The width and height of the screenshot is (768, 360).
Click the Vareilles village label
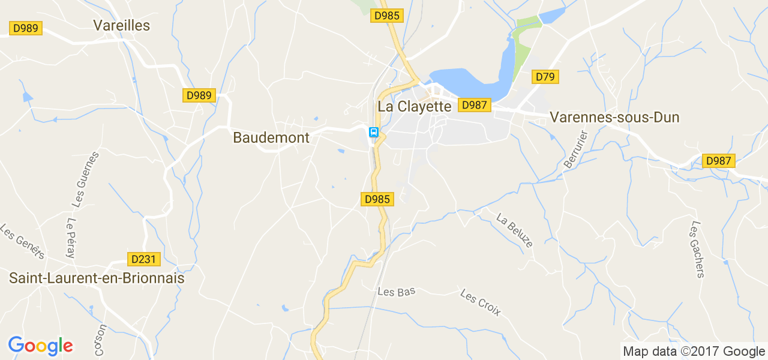coord(121,25)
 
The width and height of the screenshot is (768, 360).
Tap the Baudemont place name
coord(271,137)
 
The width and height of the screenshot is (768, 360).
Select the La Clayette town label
coord(414,107)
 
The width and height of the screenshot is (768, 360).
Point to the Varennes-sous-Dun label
coord(615,118)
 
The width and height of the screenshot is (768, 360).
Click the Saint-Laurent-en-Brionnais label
coord(97,278)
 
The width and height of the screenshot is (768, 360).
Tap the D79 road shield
coord(545,77)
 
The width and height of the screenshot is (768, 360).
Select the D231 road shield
coord(144,259)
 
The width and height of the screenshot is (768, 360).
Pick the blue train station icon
coord(373,132)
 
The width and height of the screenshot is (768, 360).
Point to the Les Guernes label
coord(85,179)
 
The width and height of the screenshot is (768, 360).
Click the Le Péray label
coord(71,238)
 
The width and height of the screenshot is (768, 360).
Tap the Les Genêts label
coord(22,242)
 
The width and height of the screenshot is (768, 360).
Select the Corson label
coord(100,340)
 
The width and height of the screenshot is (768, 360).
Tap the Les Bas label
coord(397,292)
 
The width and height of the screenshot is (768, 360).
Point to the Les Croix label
coord(481,302)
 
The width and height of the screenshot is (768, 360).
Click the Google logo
coord(40,346)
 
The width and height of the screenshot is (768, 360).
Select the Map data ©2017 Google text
coord(694,352)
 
